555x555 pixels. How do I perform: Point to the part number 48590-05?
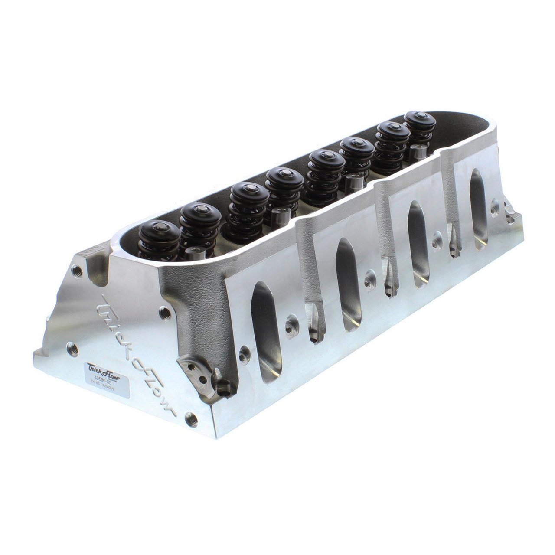tap(98, 377)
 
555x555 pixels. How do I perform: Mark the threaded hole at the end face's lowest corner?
tap(189, 418)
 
